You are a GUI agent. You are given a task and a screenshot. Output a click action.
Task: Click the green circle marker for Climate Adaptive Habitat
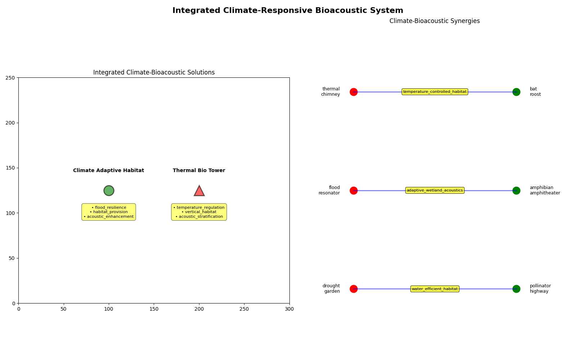pyautogui.click(x=109, y=190)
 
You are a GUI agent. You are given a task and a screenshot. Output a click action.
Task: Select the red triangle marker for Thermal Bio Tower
pyautogui.click(x=199, y=191)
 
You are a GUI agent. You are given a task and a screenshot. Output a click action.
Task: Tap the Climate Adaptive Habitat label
pyautogui.click(x=108, y=171)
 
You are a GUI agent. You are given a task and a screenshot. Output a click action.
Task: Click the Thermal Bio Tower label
pyautogui.click(x=199, y=171)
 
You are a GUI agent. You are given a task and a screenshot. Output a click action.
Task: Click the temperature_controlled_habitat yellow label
pyautogui.click(x=435, y=92)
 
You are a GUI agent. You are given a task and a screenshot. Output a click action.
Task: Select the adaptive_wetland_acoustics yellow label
pyautogui.click(x=435, y=190)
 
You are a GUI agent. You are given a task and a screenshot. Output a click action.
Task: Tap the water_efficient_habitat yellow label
pyautogui.click(x=435, y=289)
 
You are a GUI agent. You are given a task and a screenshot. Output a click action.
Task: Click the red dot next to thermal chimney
pyautogui.click(x=354, y=92)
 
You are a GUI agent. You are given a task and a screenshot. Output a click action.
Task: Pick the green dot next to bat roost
pyautogui.click(x=516, y=92)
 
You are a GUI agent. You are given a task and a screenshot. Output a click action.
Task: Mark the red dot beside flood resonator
pyautogui.click(x=354, y=190)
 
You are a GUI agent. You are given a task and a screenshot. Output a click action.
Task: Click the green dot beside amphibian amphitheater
pyautogui.click(x=516, y=190)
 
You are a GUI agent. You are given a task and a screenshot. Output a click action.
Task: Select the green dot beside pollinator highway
pyautogui.click(x=516, y=289)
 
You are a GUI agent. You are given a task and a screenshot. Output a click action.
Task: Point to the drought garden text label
pyautogui.click(x=331, y=288)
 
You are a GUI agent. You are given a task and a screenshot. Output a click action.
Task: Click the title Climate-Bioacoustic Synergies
pyautogui.click(x=435, y=21)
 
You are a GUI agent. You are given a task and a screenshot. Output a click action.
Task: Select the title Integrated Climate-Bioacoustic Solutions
pyautogui.click(x=154, y=72)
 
